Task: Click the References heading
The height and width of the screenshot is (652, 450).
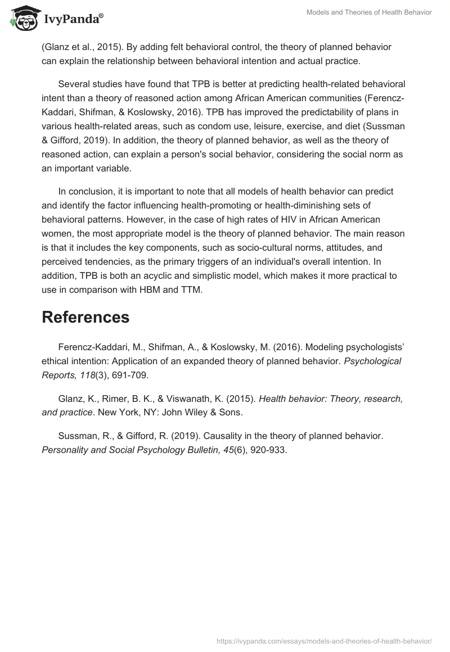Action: point(85,317)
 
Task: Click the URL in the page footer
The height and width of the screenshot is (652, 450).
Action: point(324,640)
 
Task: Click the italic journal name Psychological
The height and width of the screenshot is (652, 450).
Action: point(374,361)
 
